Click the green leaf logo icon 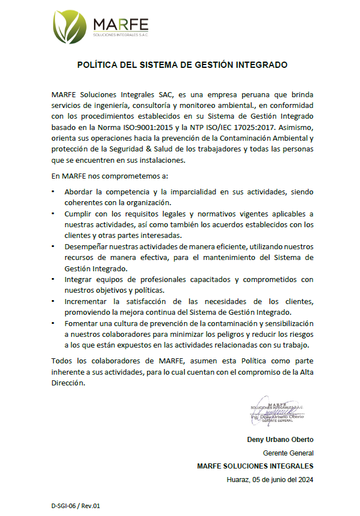coord(71,28)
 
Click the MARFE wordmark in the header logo coord(121,24)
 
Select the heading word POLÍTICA coord(97,65)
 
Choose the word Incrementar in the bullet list coord(87,301)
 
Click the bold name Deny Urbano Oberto coord(280,439)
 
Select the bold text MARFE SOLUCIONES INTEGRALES coord(255,466)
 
